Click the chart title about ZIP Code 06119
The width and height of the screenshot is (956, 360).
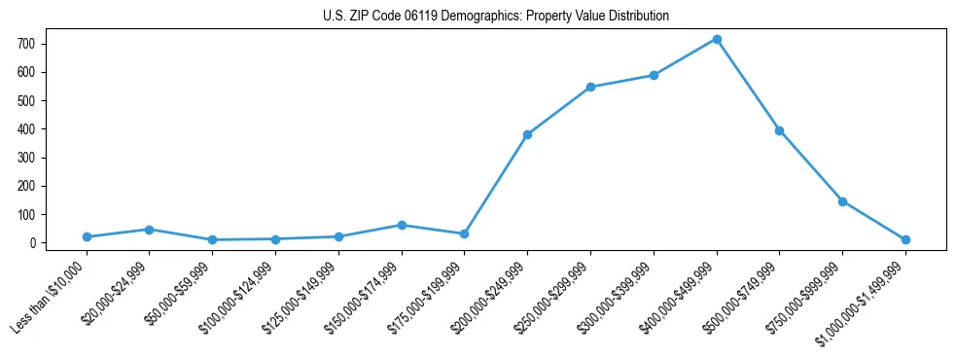[496, 16]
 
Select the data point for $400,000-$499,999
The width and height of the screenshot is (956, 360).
[717, 39]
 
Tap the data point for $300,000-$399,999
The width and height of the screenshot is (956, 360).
[654, 75]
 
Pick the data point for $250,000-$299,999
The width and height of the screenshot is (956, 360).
[590, 87]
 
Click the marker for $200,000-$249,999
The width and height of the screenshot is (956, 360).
[527, 134]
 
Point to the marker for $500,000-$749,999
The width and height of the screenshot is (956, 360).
[779, 130]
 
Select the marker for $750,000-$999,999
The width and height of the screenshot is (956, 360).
[842, 201]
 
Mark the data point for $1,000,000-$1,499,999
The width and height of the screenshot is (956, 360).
[905, 239]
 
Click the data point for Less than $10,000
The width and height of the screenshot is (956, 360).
[87, 236]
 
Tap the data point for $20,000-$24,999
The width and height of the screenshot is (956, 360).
[149, 230]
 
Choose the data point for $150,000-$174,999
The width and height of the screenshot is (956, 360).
[401, 225]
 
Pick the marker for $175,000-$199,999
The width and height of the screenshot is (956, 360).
[464, 234]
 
